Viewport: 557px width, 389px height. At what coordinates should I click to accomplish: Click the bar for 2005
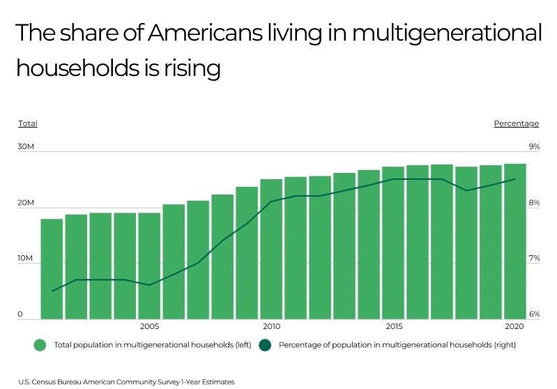click(x=149, y=266)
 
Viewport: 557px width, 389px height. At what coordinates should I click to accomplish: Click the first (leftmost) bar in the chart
click(x=52, y=269)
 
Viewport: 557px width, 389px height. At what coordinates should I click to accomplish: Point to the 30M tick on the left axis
click(x=26, y=147)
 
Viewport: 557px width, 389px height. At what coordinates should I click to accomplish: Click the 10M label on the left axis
click(x=26, y=259)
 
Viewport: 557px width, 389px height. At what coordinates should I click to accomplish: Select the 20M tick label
click(x=26, y=203)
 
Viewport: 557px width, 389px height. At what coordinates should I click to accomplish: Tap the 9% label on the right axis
click(x=534, y=147)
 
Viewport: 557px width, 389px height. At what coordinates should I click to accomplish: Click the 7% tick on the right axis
click(x=534, y=259)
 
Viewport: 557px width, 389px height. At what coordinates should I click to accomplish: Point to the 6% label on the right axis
click(x=534, y=314)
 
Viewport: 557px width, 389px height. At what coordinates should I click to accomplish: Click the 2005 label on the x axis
click(x=149, y=326)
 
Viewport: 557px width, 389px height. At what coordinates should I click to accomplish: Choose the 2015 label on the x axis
click(x=393, y=326)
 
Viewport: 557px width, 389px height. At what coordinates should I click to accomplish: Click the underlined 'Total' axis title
click(x=28, y=123)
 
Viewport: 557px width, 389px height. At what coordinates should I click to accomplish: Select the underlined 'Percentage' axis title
click(x=516, y=123)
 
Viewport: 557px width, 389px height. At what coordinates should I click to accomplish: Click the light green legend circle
click(x=40, y=345)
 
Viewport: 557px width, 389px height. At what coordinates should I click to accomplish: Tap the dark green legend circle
click(x=265, y=345)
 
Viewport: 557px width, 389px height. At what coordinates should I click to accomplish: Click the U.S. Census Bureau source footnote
click(x=126, y=381)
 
